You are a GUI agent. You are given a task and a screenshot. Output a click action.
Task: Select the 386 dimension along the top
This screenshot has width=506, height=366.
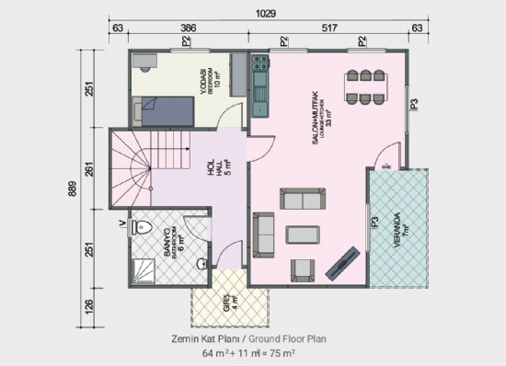(187, 29)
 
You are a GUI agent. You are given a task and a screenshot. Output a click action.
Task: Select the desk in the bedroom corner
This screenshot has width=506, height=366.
(144, 62)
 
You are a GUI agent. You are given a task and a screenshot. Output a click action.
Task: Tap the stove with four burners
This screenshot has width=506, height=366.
(259, 63)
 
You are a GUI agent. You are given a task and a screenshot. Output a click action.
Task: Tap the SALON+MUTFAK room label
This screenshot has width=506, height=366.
(316, 115)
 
